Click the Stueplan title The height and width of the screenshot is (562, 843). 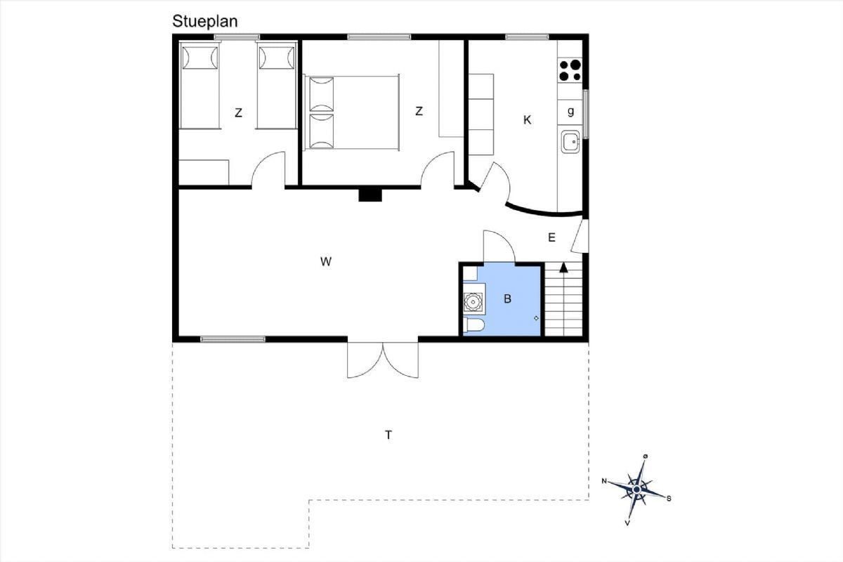pos(204,22)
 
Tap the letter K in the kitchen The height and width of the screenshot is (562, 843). pos(528,120)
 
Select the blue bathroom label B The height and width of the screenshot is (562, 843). pos(507,299)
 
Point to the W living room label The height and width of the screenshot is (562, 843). pos(326,261)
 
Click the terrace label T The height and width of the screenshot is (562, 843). pos(388,435)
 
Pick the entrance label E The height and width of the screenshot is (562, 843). pos(551,237)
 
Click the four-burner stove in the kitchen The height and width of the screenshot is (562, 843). pos(570,70)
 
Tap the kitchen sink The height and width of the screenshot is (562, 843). pos(570,141)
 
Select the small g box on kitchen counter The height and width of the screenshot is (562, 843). pos(570,112)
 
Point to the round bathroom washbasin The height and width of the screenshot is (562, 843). pos(472,301)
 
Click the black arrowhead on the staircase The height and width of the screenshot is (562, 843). pos(563,267)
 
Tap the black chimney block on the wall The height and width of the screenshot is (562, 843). pos(370,195)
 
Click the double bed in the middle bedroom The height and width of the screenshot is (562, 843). pos(351,112)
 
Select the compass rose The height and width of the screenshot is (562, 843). pos(636,490)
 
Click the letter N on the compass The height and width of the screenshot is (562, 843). pos(604,481)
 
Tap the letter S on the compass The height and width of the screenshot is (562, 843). pos(669,499)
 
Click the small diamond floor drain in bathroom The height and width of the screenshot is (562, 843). pos(536,318)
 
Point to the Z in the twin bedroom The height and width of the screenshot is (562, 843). pos(238,112)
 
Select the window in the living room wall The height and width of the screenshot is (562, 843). pos(233,339)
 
